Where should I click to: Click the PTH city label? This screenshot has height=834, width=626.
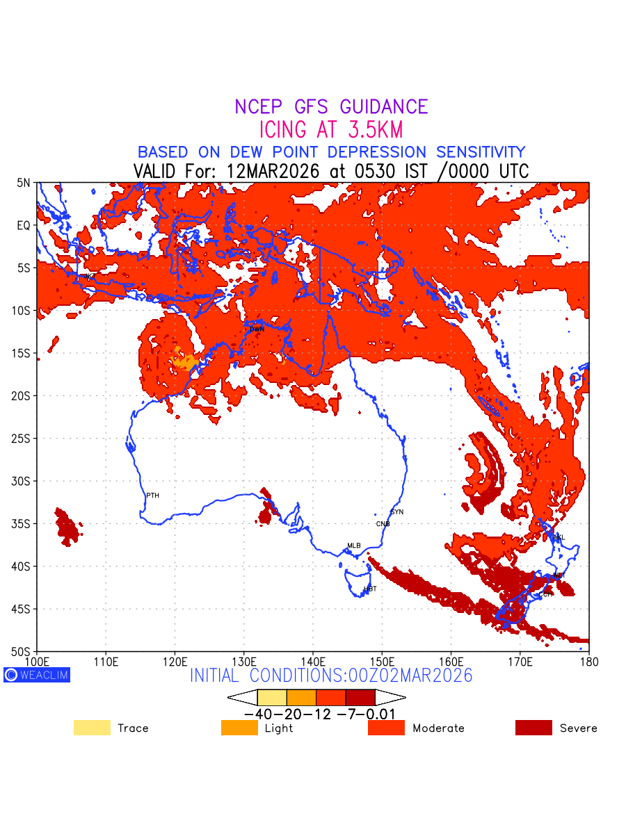coord(152,496)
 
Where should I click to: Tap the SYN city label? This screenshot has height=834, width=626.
coord(396,512)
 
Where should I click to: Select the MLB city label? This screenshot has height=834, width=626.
coord(354,546)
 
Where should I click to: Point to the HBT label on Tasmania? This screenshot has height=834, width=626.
coord(370,589)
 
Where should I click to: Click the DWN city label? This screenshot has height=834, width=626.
coord(257,329)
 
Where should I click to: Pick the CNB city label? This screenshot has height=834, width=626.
coord(383,524)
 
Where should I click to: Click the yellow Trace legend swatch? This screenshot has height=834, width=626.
coord(92,728)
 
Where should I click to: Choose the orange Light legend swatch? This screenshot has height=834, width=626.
coord(239,728)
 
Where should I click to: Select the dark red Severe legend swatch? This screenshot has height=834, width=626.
coord(533,728)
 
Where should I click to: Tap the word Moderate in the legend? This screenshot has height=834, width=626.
coord(438,728)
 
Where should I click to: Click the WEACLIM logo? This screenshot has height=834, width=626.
coord(37,674)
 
